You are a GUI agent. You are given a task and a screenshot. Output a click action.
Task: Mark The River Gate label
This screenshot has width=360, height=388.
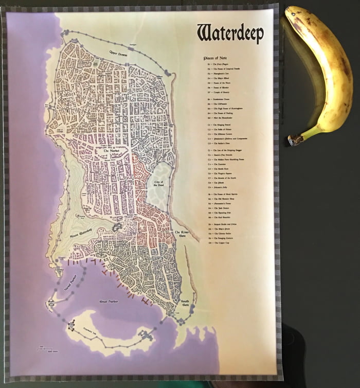[182, 235]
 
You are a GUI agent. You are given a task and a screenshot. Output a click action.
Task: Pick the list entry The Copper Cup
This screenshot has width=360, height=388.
[219, 242]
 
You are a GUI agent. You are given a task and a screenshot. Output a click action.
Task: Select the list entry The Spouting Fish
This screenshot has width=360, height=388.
[220, 213]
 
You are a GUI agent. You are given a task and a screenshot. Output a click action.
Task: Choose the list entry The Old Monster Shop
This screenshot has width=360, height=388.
[221, 198]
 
